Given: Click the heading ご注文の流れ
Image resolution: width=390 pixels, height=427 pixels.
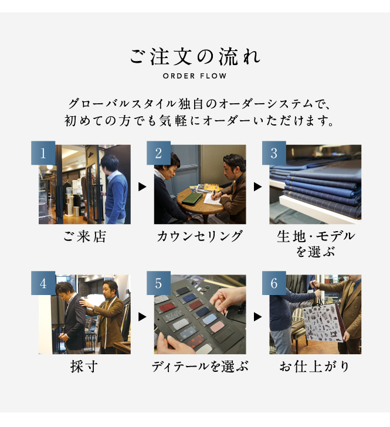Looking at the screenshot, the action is click(195, 57).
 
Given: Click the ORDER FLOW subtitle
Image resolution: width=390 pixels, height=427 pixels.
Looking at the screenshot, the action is click(195, 76).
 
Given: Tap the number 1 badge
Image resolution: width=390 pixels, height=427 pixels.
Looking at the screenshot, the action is click(43, 152).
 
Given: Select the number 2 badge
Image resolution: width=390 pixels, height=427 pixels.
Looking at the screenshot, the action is click(158, 152).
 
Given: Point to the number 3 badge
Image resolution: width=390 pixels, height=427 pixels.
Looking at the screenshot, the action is click(274, 152).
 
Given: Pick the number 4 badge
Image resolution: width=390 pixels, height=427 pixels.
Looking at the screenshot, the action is click(43, 283).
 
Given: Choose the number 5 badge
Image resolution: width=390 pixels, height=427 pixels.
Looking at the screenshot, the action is click(158, 283).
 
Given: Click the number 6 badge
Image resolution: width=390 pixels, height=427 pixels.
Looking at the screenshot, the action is click(274, 283).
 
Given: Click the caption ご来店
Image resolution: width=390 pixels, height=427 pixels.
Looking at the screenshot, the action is click(84, 236).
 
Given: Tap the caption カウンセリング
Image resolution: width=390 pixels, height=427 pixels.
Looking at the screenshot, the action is click(199, 236).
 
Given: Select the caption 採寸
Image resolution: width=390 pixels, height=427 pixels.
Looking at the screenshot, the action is click(84, 366).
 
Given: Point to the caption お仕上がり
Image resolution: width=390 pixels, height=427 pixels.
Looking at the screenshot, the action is click(314, 366).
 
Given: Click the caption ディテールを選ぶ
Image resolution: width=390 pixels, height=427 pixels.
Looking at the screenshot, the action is click(199, 366).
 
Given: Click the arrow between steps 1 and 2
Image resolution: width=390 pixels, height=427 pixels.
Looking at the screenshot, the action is click(143, 187).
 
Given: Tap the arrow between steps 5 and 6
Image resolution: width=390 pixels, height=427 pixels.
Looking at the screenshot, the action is click(257, 317).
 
